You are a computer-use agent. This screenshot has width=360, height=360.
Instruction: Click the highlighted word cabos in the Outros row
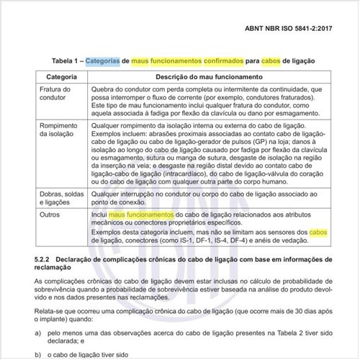coord(318,232)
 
